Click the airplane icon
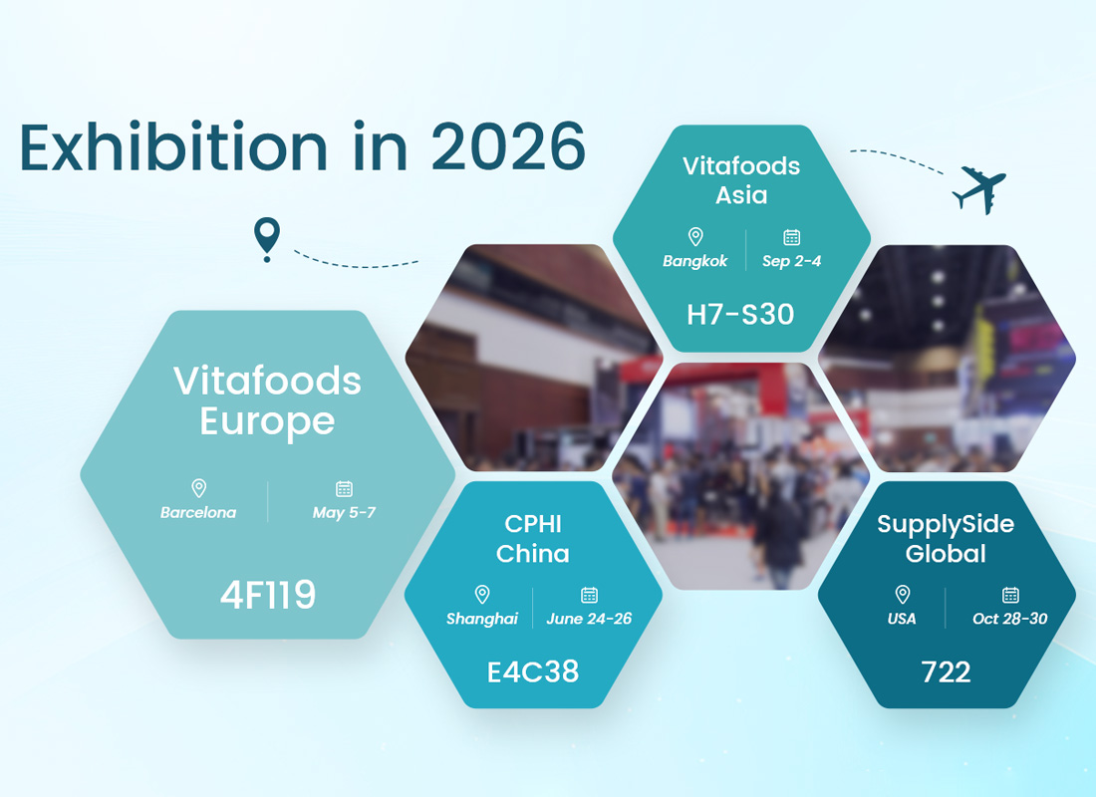(978, 188)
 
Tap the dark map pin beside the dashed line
(266, 239)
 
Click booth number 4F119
(267, 595)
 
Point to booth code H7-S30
(740, 315)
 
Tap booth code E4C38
(533, 671)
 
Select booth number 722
(946, 671)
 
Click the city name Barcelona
(198, 513)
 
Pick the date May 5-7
(344, 513)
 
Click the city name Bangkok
(695, 261)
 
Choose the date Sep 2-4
(792, 261)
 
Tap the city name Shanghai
(482, 619)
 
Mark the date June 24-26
(589, 619)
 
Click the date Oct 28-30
(1009, 619)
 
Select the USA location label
(902, 619)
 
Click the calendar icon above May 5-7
(344, 488)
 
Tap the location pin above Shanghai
(482, 595)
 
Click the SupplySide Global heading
(946, 538)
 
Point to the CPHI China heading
(533, 538)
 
